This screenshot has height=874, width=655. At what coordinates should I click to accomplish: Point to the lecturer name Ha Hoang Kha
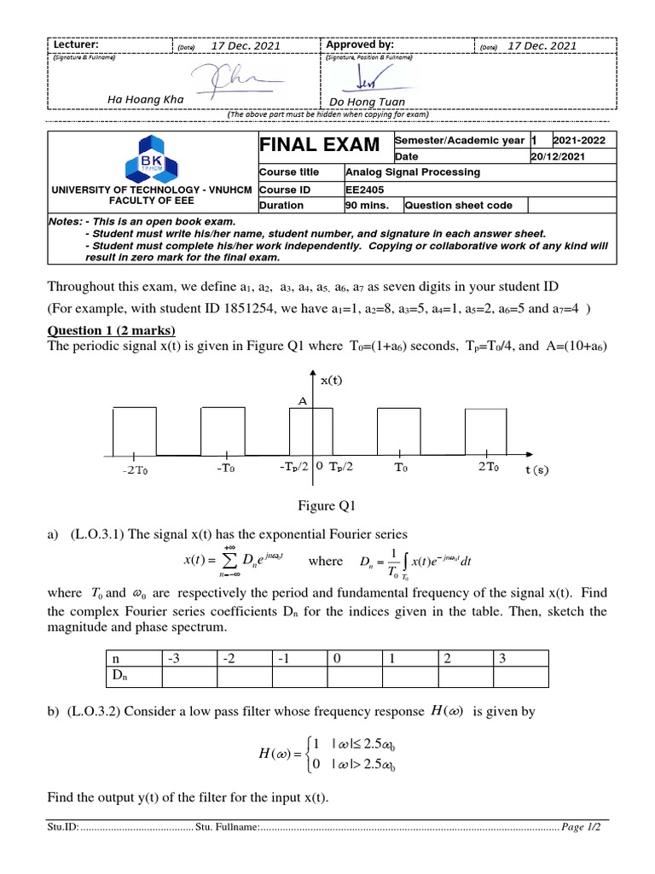coord(145,99)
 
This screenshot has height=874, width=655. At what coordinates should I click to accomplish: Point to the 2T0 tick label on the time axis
coord(488,468)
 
